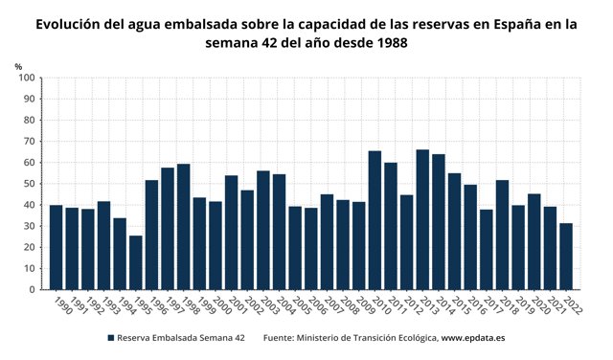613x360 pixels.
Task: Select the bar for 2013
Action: click(422, 219)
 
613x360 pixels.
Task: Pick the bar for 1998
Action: click(184, 226)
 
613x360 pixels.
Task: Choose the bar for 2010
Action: click(375, 219)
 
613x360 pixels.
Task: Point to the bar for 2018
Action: click(502, 235)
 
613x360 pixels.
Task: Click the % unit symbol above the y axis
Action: click(18, 65)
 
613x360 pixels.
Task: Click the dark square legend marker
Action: click(111, 338)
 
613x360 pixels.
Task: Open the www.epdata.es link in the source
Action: click(473, 338)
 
